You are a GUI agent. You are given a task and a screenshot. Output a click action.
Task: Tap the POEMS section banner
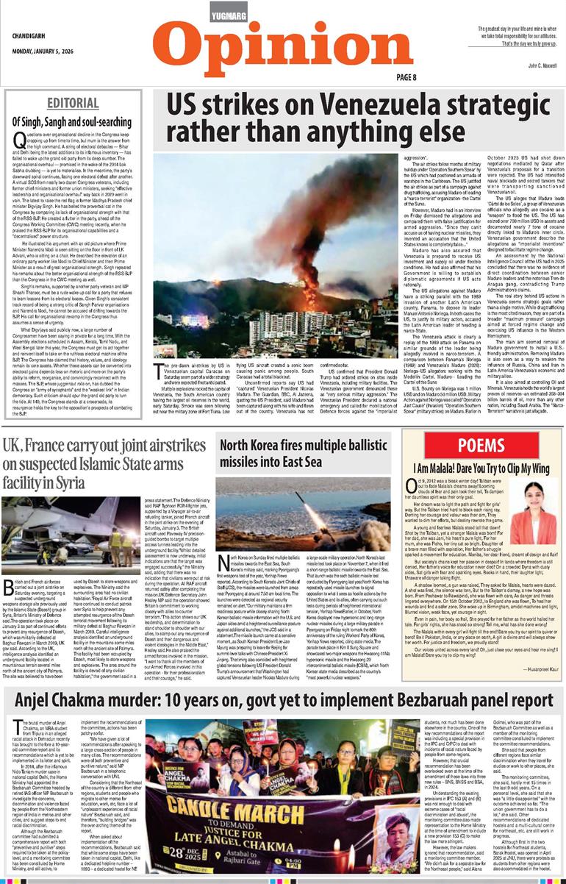[x=481, y=444]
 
